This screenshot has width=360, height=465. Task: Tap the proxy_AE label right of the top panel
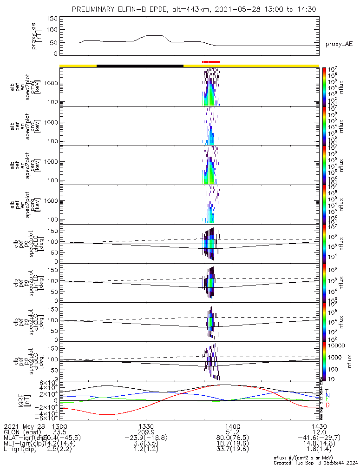tap(339, 44)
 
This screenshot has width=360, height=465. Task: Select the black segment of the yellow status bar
tap(140, 66)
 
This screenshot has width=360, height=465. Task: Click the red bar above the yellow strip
tap(211, 62)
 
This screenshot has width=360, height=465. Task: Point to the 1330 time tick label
tap(146, 426)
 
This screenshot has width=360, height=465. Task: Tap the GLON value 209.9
tap(146, 432)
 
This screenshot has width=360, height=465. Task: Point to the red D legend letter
tap(327, 405)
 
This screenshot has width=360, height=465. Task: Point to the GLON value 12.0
tap(319, 432)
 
